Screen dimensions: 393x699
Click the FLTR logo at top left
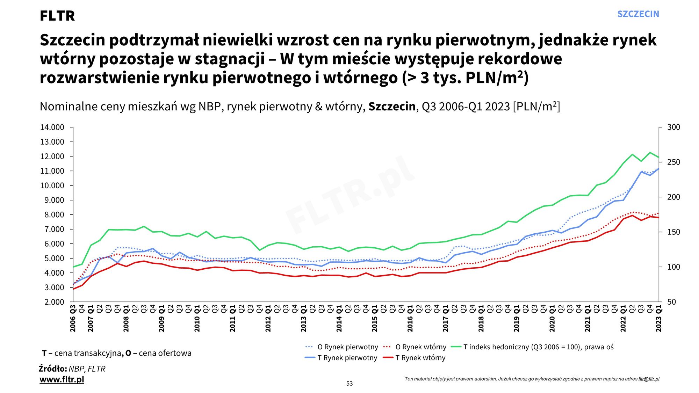[x=57, y=16]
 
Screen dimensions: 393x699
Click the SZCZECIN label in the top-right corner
[x=638, y=14]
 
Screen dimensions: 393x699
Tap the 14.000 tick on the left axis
[x=52, y=128]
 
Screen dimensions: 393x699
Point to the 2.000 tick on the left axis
[x=54, y=302]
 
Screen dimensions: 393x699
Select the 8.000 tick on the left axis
[x=54, y=215]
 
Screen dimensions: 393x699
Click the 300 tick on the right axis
[x=673, y=128]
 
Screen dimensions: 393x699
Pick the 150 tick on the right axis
[x=673, y=232]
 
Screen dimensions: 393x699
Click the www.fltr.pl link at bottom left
[x=62, y=379]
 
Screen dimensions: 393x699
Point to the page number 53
[x=349, y=384]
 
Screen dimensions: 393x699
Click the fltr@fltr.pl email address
[x=649, y=379]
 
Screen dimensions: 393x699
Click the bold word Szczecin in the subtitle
[x=392, y=107]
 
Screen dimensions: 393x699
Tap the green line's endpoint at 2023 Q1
[x=659, y=158]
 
